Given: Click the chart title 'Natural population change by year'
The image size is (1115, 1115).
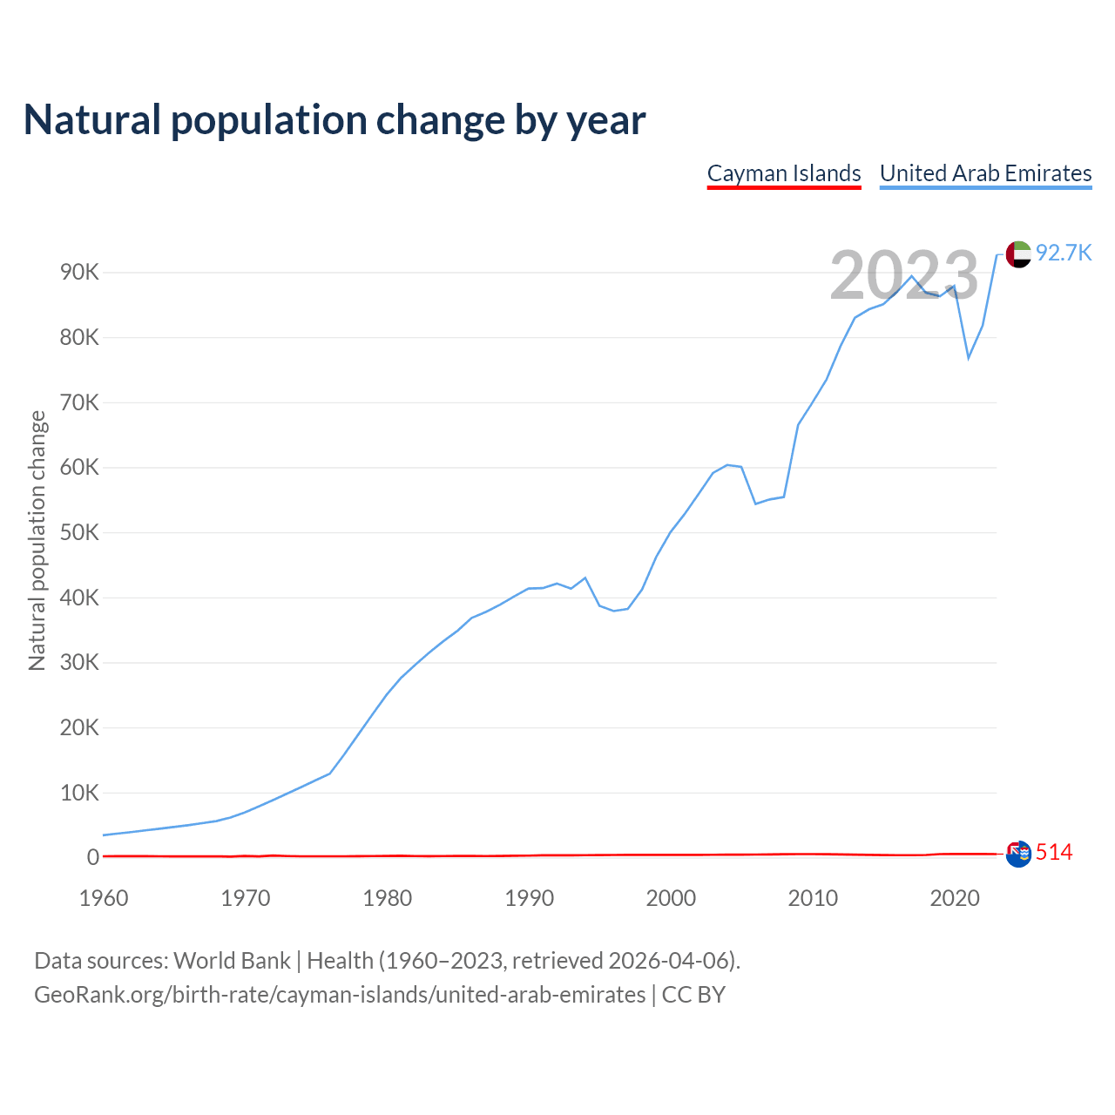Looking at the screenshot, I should (334, 120).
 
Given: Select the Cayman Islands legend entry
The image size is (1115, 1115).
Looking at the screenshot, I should (784, 173).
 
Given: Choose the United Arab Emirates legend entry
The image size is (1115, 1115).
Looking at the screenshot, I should (985, 173).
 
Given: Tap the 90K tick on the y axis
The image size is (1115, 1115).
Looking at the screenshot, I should (80, 273).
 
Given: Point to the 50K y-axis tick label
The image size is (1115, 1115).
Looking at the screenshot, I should (80, 532).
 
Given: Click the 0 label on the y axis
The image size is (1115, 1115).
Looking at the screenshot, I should (93, 857).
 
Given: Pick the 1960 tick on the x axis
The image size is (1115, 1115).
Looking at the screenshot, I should (104, 898).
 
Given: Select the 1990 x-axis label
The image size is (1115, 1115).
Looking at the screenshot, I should (530, 898).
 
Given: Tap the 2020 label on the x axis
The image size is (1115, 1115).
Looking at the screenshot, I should (955, 898).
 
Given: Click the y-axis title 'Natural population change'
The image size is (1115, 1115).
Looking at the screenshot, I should (37, 541).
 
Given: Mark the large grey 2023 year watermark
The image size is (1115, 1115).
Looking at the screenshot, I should (904, 275).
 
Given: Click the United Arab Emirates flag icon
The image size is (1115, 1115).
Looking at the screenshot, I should (1018, 254).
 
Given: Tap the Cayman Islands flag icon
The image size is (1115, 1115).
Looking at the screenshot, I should (1018, 854).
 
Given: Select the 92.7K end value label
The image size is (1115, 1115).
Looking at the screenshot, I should (1064, 253).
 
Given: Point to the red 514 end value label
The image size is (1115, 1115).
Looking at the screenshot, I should (1054, 853).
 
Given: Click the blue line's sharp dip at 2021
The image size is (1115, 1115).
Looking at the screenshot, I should (969, 358).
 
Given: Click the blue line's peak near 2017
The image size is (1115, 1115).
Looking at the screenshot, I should (912, 276).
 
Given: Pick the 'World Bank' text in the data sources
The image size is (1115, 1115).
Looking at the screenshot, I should (232, 961).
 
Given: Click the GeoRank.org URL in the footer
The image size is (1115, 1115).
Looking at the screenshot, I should (340, 995).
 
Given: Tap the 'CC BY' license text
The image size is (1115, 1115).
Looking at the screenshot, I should (693, 995).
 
